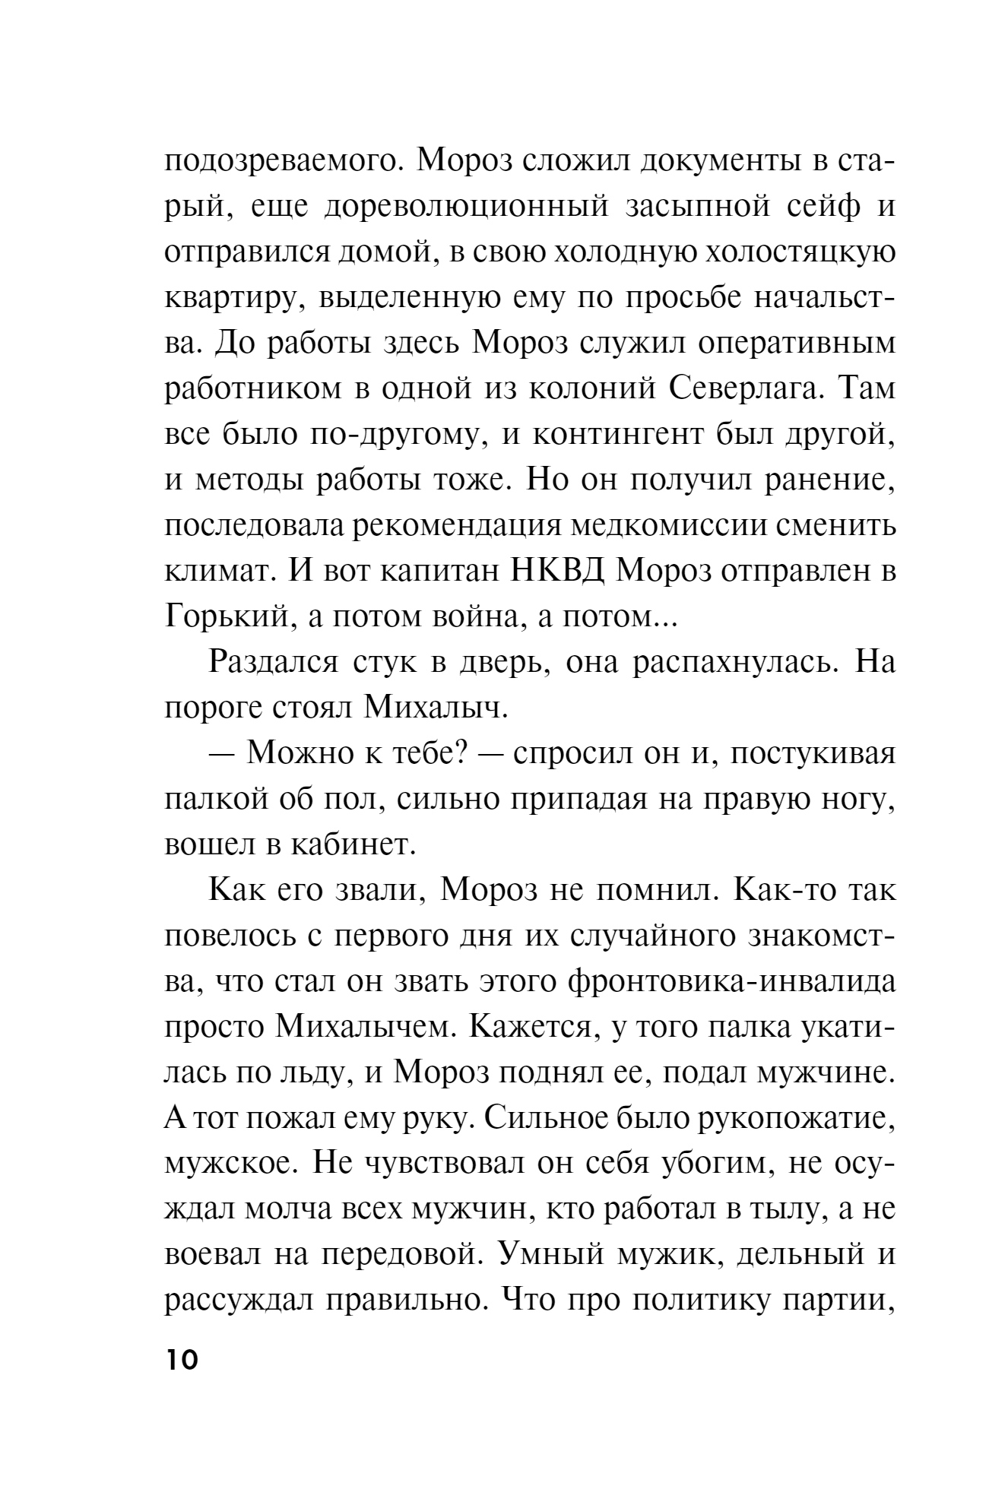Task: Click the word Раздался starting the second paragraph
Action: pyautogui.click(x=273, y=663)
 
